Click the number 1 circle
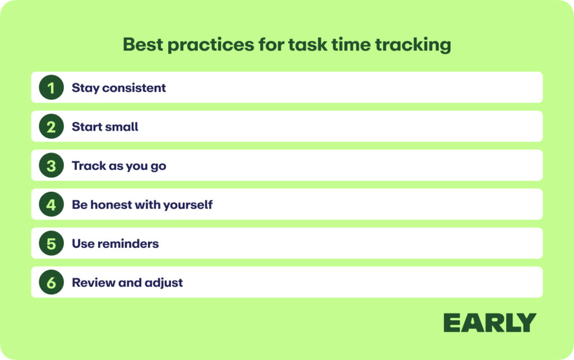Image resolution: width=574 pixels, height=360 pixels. [x=51, y=87]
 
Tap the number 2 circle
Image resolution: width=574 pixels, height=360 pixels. [x=51, y=126]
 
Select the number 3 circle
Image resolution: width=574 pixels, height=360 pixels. [x=51, y=165]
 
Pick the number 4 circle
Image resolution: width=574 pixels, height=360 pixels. [x=51, y=204]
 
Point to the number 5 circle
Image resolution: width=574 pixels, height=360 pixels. [x=51, y=243]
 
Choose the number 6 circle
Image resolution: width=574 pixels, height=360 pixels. [x=51, y=283]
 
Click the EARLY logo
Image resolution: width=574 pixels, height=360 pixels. [x=490, y=322]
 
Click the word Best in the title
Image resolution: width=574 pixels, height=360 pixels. [x=143, y=44]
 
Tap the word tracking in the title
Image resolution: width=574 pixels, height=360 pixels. [x=413, y=45]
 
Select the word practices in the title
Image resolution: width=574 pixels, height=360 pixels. [x=211, y=45]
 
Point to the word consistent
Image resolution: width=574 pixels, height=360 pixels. [x=134, y=88]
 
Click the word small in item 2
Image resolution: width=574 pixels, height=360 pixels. [x=121, y=127]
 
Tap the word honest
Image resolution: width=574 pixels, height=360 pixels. [x=112, y=204]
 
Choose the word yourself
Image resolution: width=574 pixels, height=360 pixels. [x=188, y=205]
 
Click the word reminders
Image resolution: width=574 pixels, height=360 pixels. [x=128, y=243]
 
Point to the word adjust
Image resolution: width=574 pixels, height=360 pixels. [x=164, y=283]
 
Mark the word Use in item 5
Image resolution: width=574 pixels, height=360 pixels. [x=83, y=243]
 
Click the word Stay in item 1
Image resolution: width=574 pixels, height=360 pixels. [x=85, y=88]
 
